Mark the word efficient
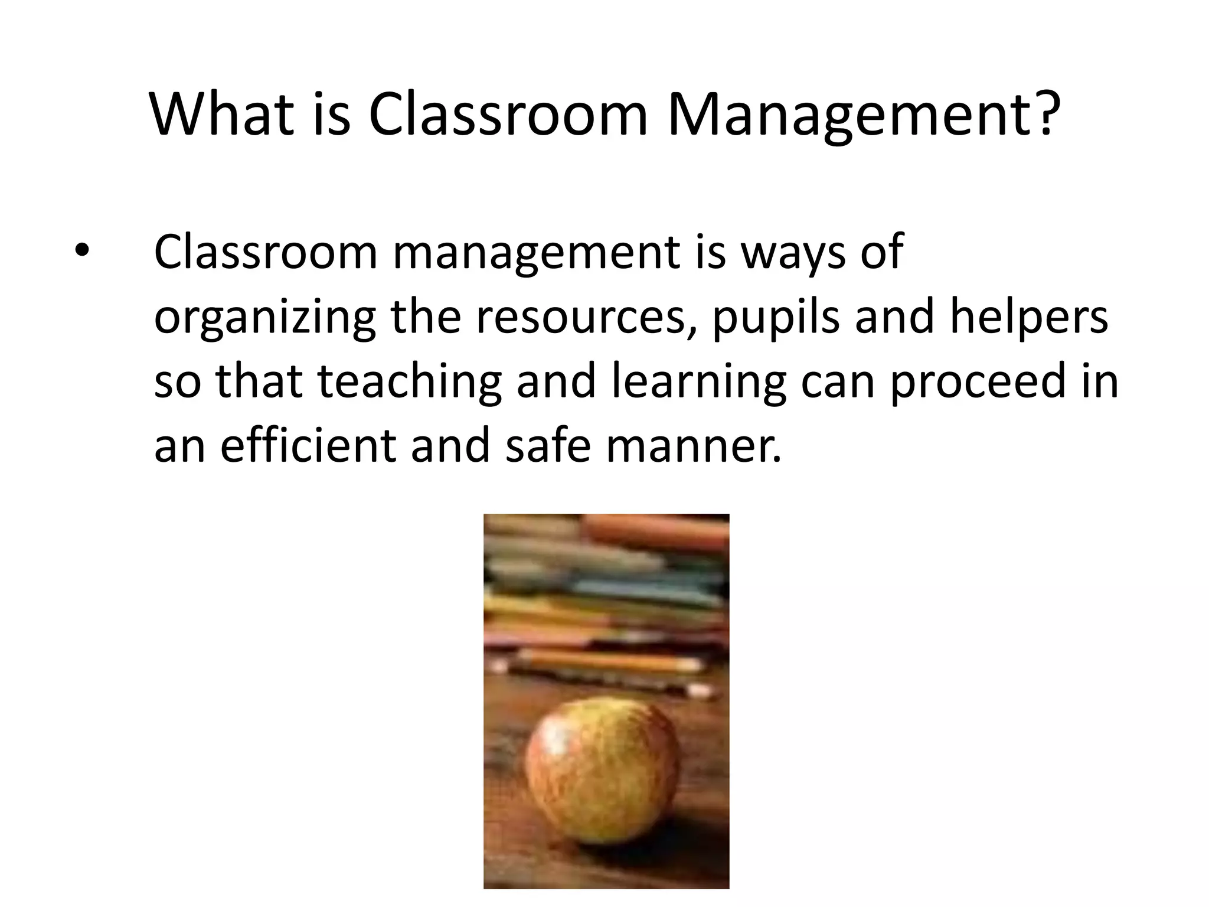(x=308, y=445)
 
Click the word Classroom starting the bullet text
(x=265, y=252)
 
